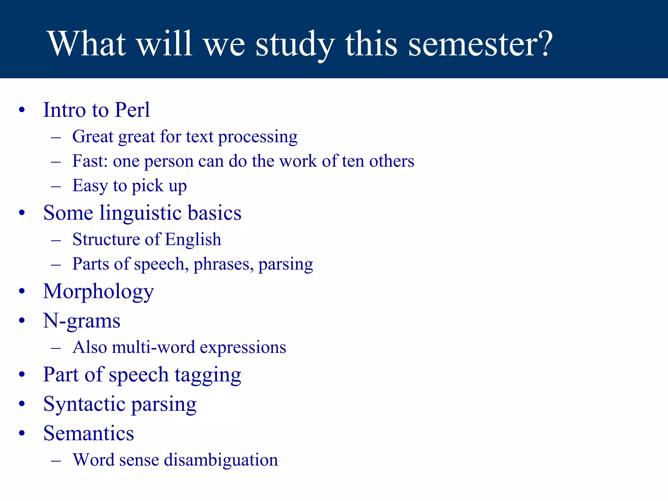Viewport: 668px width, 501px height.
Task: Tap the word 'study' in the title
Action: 295,44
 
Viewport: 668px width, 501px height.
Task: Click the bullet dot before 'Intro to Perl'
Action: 22,110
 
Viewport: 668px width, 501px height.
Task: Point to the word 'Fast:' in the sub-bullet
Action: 90,161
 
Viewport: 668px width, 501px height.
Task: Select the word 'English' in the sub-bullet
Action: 193,239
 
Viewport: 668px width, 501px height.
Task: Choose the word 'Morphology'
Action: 99,292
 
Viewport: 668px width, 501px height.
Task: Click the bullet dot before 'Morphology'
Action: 22,291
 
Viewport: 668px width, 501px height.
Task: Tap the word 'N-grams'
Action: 82,321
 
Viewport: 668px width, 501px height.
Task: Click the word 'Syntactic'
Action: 84,404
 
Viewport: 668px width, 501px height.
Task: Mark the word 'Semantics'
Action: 88,433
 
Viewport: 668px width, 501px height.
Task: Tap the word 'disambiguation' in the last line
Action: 221,460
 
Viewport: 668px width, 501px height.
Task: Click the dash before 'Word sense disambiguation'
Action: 56,460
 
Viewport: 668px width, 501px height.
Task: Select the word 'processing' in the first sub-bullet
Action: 258,137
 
